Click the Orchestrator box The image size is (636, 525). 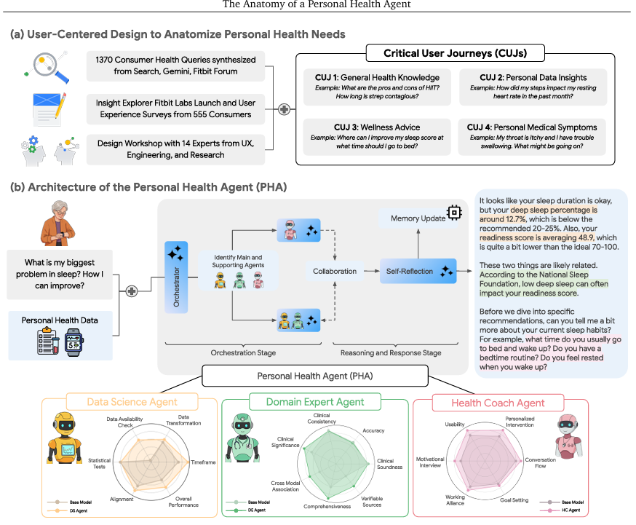[176, 276]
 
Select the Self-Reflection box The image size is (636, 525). [418, 271]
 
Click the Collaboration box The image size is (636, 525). [334, 271]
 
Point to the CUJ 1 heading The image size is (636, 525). [376, 78]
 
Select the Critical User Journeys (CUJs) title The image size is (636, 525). [446, 54]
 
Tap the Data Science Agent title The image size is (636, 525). [132, 401]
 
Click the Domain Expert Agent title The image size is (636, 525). [315, 401]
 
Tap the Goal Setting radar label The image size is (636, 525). [514, 501]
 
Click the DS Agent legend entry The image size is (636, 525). [74, 511]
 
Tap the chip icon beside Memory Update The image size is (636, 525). [454, 211]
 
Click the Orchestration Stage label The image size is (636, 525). [244, 353]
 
